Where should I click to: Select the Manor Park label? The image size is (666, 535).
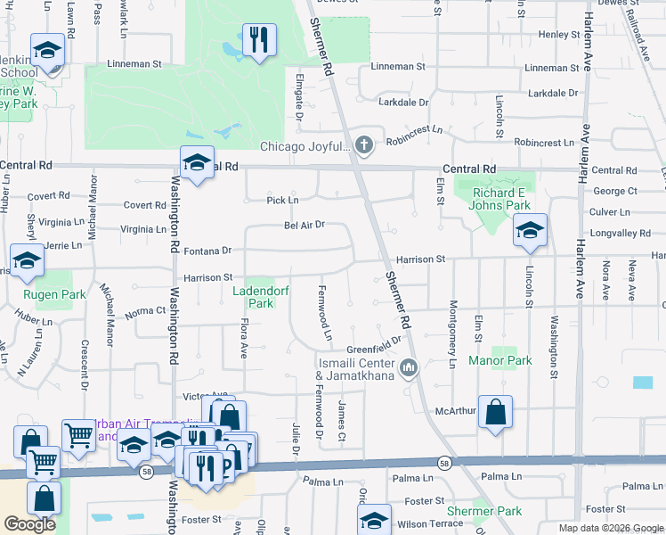pyautogui.click(x=500, y=361)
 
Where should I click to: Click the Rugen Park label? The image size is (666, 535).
pyautogui.click(x=55, y=294)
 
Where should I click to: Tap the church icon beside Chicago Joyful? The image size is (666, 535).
pyautogui.click(x=363, y=144)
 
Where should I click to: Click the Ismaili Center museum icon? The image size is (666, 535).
pyautogui.click(x=409, y=367)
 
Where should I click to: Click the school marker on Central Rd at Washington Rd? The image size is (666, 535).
pyautogui.click(x=197, y=162)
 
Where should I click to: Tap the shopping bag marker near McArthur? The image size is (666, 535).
pyautogui.click(x=495, y=412)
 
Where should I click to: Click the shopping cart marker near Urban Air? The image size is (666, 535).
pyautogui.click(x=78, y=436)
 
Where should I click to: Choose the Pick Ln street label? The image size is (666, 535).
pyautogui.click(x=282, y=201)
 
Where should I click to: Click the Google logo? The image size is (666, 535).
pyautogui.click(x=29, y=524)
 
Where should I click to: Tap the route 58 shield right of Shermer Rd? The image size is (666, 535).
pyautogui.click(x=443, y=462)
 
